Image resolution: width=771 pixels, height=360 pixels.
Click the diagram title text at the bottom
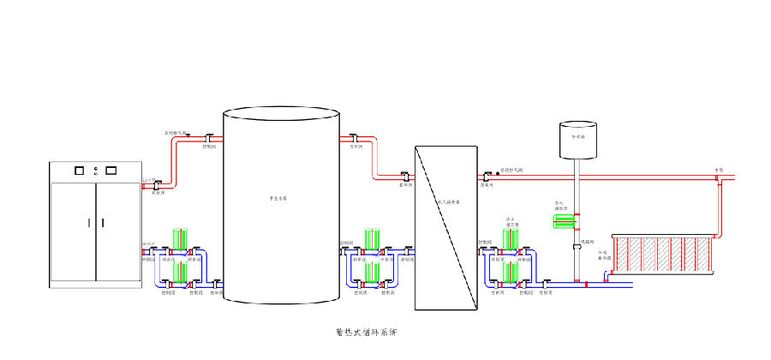(x=367, y=331)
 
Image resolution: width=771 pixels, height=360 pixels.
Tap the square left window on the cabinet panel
(x=80, y=170)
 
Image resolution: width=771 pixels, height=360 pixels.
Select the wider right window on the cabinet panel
(x=110, y=170)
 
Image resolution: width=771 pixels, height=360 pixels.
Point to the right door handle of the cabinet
(x=102, y=222)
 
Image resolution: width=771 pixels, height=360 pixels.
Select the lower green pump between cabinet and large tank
(x=181, y=273)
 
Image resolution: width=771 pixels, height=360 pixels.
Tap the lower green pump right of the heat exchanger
(x=511, y=273)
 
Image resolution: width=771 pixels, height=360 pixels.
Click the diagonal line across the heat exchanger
(x=446, y=228)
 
